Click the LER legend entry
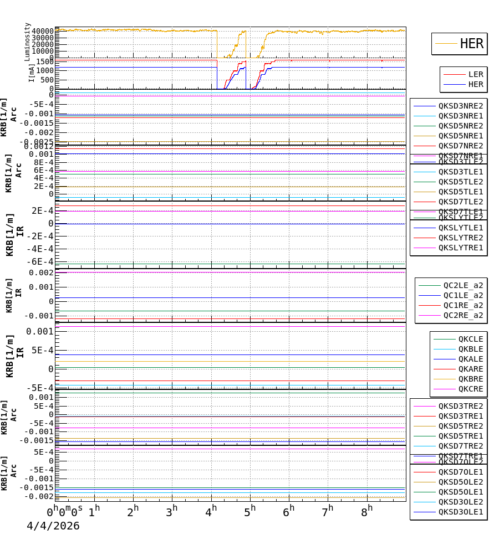476,74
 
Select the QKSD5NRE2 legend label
461,126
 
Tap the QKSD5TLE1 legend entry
461,192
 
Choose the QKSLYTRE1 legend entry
461,248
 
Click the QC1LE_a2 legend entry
463,295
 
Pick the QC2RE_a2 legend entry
463,315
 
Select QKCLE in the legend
470,339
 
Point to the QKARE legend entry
470,369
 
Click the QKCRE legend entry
470,389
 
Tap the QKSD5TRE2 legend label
461,426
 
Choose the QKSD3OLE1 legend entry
461,512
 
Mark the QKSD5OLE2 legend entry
461,482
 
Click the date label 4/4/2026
53,526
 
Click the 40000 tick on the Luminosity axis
43,31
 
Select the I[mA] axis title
32,73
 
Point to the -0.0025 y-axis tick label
37,142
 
